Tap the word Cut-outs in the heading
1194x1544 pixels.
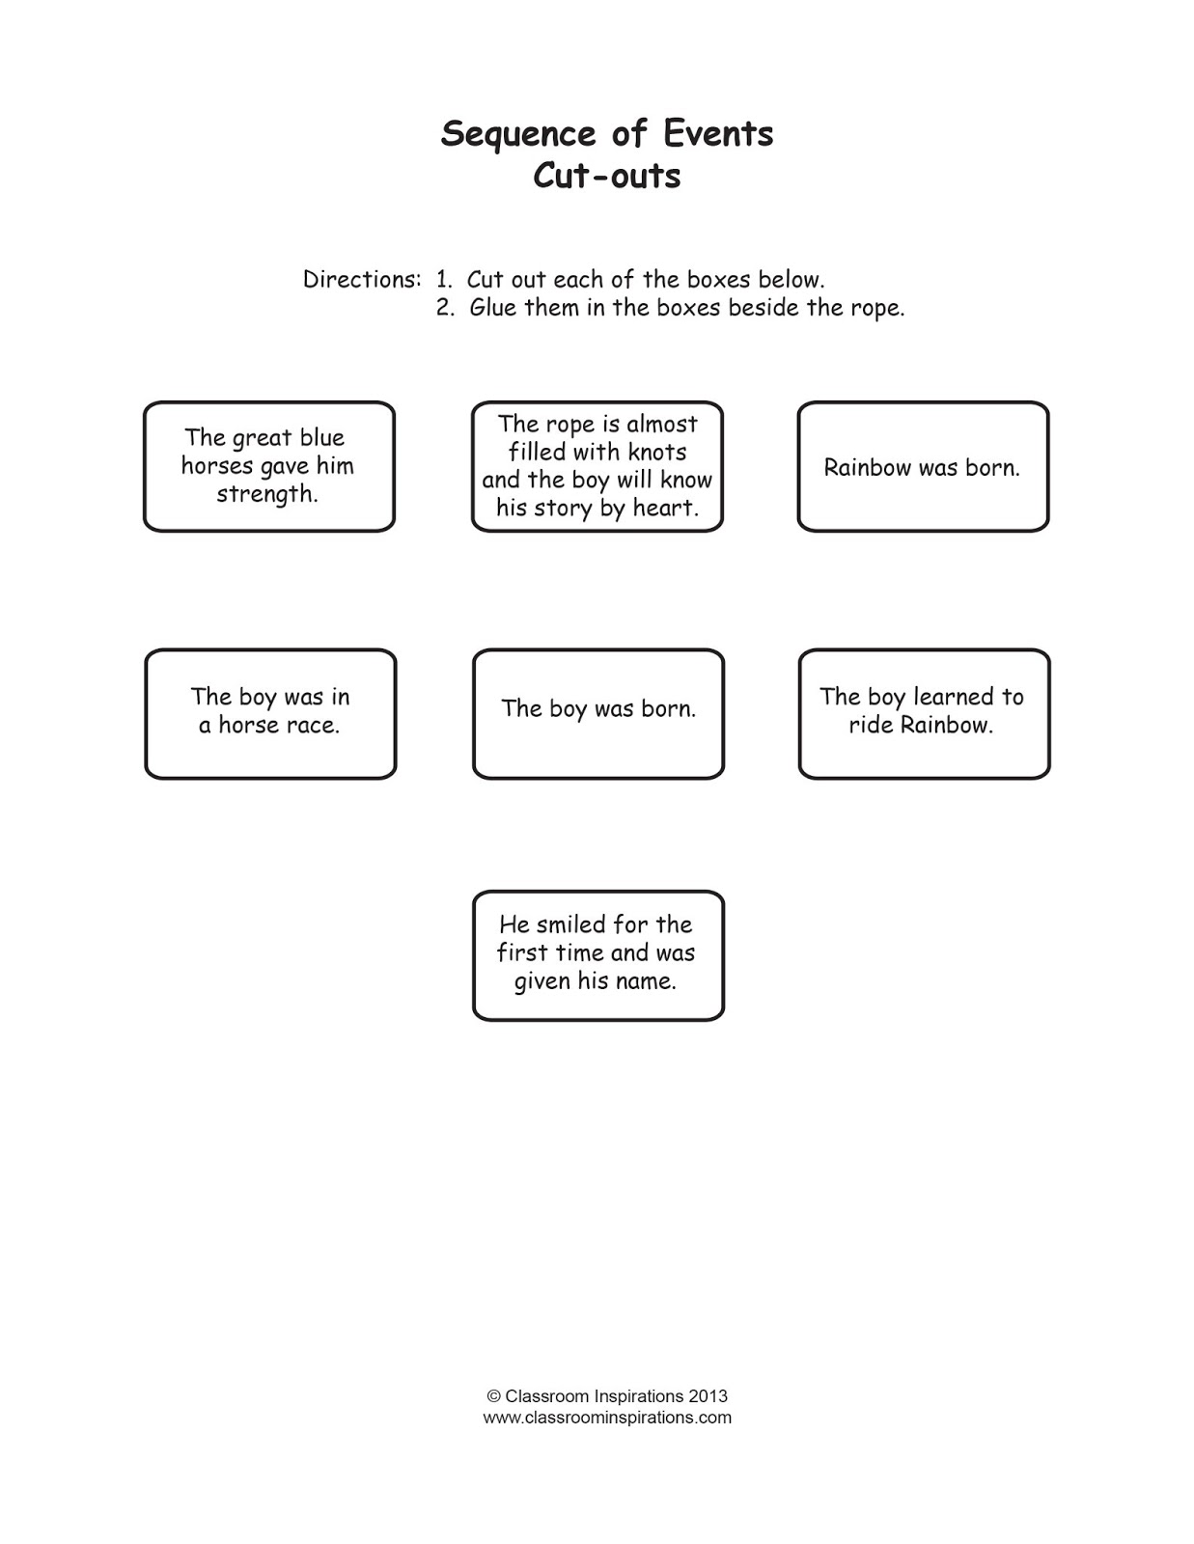(607, 177)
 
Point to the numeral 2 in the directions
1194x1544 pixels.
(444, 308)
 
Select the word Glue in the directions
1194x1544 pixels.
(493, 308)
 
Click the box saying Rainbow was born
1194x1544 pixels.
(922, 467)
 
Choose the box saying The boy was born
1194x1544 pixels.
(597, 713)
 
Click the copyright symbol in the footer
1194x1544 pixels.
(493, 1396)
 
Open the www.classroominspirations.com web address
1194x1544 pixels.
(607, 1418)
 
